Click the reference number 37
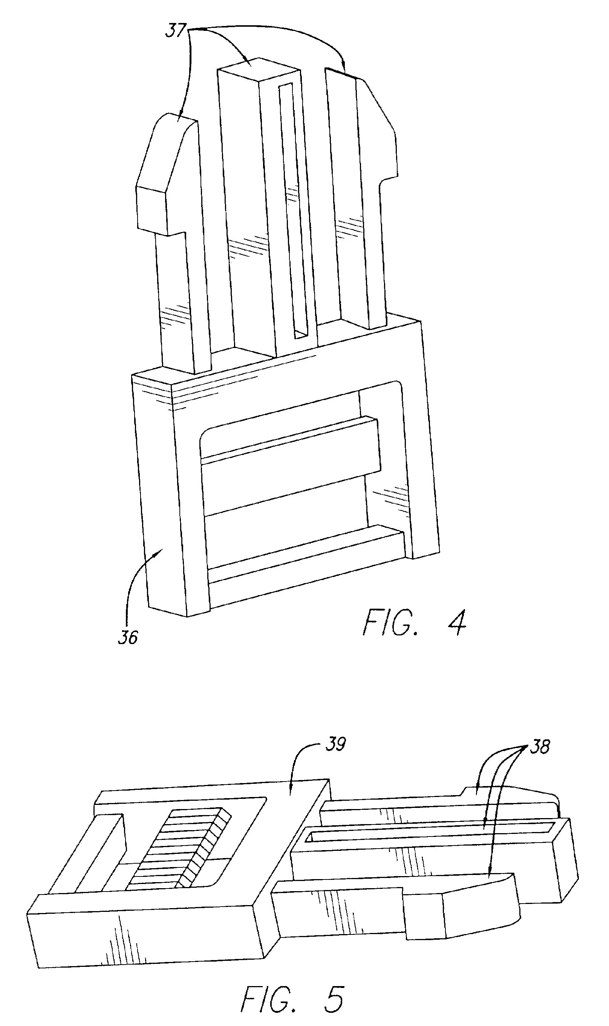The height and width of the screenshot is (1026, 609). tap(175, 31)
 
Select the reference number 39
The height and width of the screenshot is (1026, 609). tap(335, 744)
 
